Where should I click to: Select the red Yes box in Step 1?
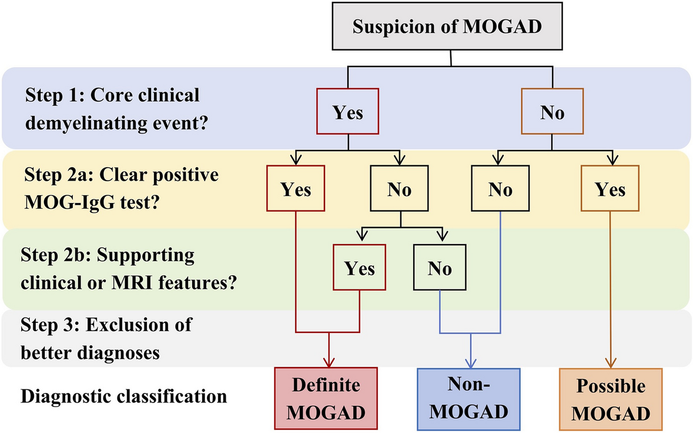coord(348,112)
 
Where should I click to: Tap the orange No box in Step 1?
coord(552,112)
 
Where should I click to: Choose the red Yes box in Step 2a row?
coord(296,189)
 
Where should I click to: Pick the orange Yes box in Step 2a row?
coord(610,189)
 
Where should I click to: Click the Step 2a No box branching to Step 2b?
coord(400,189)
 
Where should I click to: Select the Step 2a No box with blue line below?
coord(500,189)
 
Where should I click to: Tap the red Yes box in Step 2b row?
coord(359,268)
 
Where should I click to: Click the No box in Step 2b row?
coord(440,268)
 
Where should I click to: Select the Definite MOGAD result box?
coord(326,398)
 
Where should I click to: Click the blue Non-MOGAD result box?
coord(468,398)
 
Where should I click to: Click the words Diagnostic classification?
coord(123,396)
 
